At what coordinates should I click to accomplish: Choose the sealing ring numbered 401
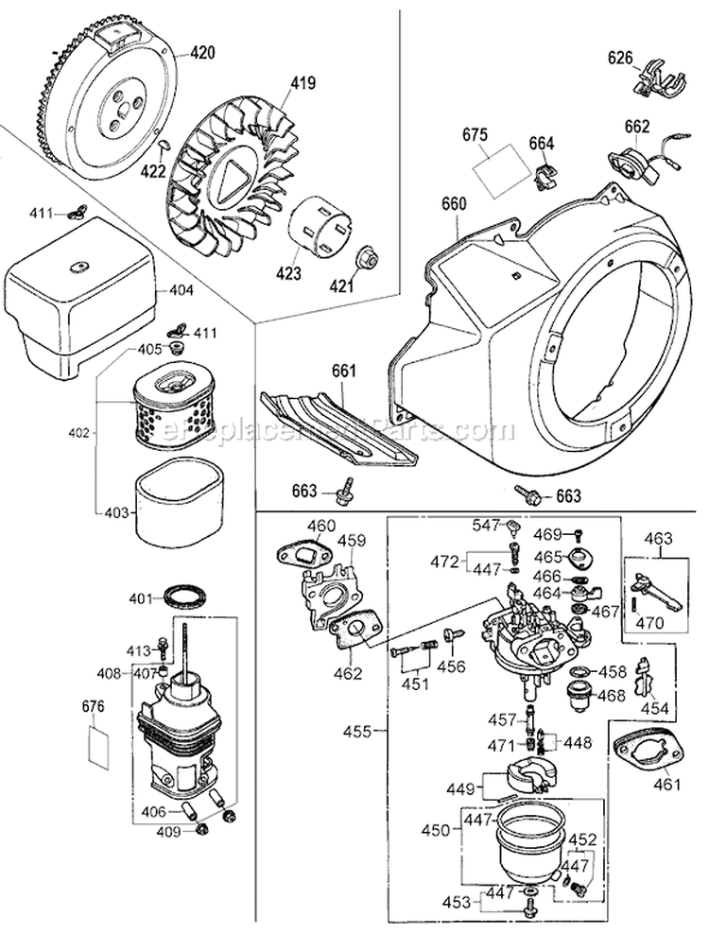pyautogui.click(x=185, y=597)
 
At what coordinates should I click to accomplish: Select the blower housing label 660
pyautogui.click(x=455, y=203)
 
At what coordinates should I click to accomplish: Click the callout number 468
pyautogui.click(x=613, y=695)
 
